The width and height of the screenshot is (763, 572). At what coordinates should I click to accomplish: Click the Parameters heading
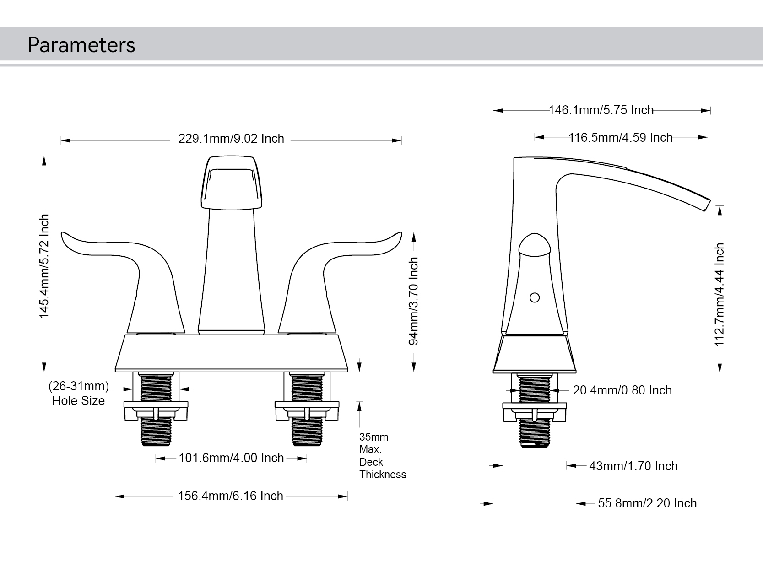click(81, 45)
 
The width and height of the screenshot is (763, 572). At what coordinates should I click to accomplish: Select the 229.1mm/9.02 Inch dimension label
click(231, 139)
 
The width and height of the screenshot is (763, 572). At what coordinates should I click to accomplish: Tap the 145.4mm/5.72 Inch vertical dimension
click(44, 266)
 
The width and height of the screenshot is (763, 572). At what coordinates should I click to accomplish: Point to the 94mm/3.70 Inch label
click(413, 301)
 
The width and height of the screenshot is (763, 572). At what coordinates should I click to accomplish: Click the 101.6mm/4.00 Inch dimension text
click(231, 458)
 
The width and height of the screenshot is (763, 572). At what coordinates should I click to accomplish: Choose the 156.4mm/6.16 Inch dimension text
click(230, 496)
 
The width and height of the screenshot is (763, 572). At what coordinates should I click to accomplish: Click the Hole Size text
click(78, 401)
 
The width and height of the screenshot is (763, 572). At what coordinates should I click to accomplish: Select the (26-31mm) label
click(79, 387)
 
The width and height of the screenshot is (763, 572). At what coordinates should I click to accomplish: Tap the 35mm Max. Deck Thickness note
click(382, 456)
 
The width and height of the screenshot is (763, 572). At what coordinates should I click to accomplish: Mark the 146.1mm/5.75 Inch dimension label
click(601, 110)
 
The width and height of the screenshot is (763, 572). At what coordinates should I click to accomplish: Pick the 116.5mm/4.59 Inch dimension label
click(620, 137)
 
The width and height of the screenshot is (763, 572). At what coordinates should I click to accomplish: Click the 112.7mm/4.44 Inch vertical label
click(720, 294)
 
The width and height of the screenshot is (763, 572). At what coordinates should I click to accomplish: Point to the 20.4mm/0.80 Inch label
click(622, 390)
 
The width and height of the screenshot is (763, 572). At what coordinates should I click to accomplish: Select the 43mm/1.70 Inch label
click(633, 466)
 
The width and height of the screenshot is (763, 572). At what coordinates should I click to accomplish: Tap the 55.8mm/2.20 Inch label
click(647, 503)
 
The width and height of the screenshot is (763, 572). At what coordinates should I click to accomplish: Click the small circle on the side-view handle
click(534, 298)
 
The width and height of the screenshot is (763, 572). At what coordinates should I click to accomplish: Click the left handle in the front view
click(137, 275)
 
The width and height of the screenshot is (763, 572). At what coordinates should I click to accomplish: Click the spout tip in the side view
click(705, 205)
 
